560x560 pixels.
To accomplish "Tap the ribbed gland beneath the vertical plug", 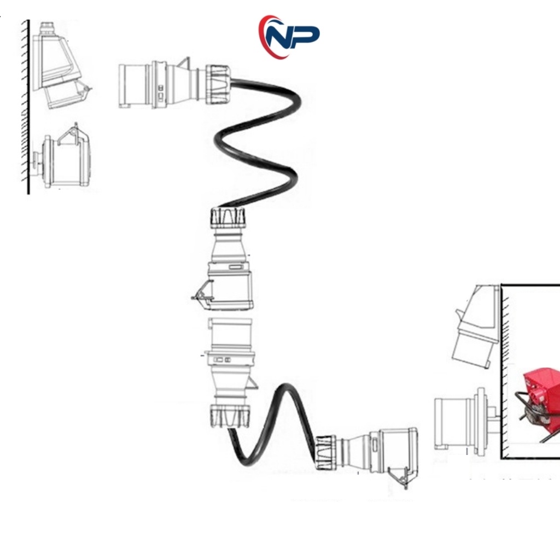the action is pos(230,416).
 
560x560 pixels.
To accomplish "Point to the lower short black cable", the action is pos(273,427).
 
